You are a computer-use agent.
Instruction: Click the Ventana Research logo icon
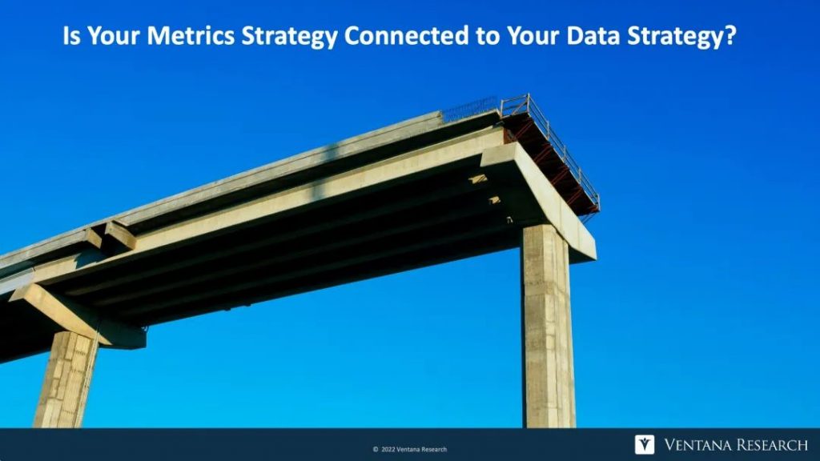click(x=645, y=444)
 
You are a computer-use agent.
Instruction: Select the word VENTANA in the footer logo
click(x=697, y=445)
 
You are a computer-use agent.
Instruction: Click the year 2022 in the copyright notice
click(x=388, y=450)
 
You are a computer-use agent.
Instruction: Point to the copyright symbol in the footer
click(x=376, y=450)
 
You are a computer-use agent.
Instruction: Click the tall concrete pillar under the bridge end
click(x=548, y=327)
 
